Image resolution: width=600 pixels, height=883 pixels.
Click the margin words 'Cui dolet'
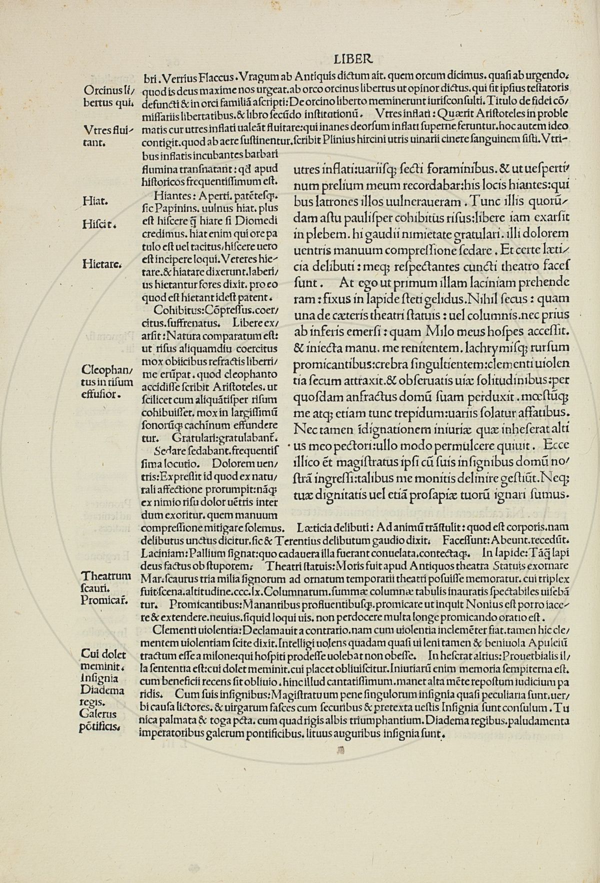(103, 655)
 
